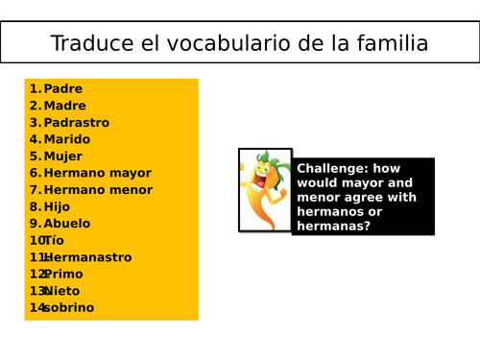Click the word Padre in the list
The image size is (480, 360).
coord(63,89)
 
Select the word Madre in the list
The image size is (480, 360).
coord(64,106)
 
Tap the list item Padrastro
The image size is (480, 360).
coord(77,123)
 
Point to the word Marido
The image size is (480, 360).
coord(67,139)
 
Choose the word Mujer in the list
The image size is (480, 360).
coord(63,156)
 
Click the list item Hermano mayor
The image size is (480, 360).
coord(98,173)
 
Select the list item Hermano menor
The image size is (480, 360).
coord(98,190)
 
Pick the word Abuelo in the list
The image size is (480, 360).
coord(67,224)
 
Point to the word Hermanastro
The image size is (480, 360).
coord(87,257)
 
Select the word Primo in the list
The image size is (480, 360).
coord(63,274)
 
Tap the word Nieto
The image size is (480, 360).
coord(62,291)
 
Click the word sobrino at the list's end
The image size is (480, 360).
coord(68,307)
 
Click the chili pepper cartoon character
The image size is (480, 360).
coord(264,189)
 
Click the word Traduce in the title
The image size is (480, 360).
coord(86,44)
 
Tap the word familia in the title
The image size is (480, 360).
coord(390,44)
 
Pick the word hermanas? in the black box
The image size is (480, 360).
coord(333,227)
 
